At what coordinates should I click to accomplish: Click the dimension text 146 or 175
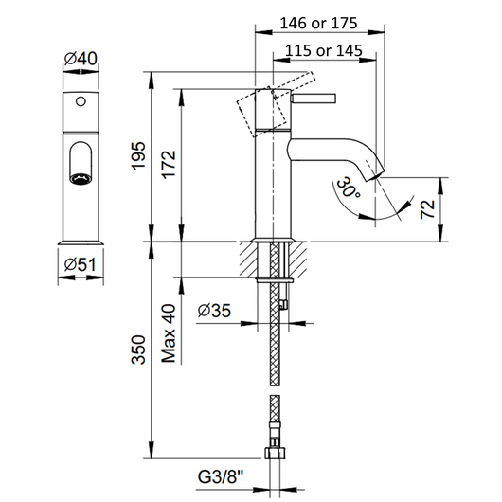click(x=318, y=23)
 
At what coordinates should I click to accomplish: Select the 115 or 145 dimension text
click(x=324, y=50)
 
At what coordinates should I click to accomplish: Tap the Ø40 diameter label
click(x=81, y=59)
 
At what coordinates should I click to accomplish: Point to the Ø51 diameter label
click(x=81, y=265)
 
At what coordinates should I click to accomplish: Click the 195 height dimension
click(x=138, y=156)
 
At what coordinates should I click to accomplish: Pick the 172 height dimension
click(x=169, y=164)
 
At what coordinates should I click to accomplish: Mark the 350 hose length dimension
click(x=138, y=350)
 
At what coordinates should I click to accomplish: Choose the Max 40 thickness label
click(x=169, y=333)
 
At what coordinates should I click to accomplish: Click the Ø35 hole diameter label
click(x=214, y=311)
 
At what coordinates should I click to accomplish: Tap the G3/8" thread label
click(x=221, y=477)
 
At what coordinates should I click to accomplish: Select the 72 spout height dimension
click(x=428, y=209)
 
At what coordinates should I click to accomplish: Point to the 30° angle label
click(x=348, y=188)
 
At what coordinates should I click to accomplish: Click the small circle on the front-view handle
click(x=81, y=101)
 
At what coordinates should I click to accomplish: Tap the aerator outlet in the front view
click(x=81, y=179)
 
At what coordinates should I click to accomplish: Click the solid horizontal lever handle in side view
click(x=314, y=99)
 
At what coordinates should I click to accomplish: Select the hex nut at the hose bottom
click(x=275, y=453)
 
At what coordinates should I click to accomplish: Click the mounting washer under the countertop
click(x=275, y=280)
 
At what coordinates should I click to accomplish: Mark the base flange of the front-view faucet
click(x=81, y=242)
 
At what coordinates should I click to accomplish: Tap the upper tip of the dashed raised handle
click(x=311, y=72)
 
